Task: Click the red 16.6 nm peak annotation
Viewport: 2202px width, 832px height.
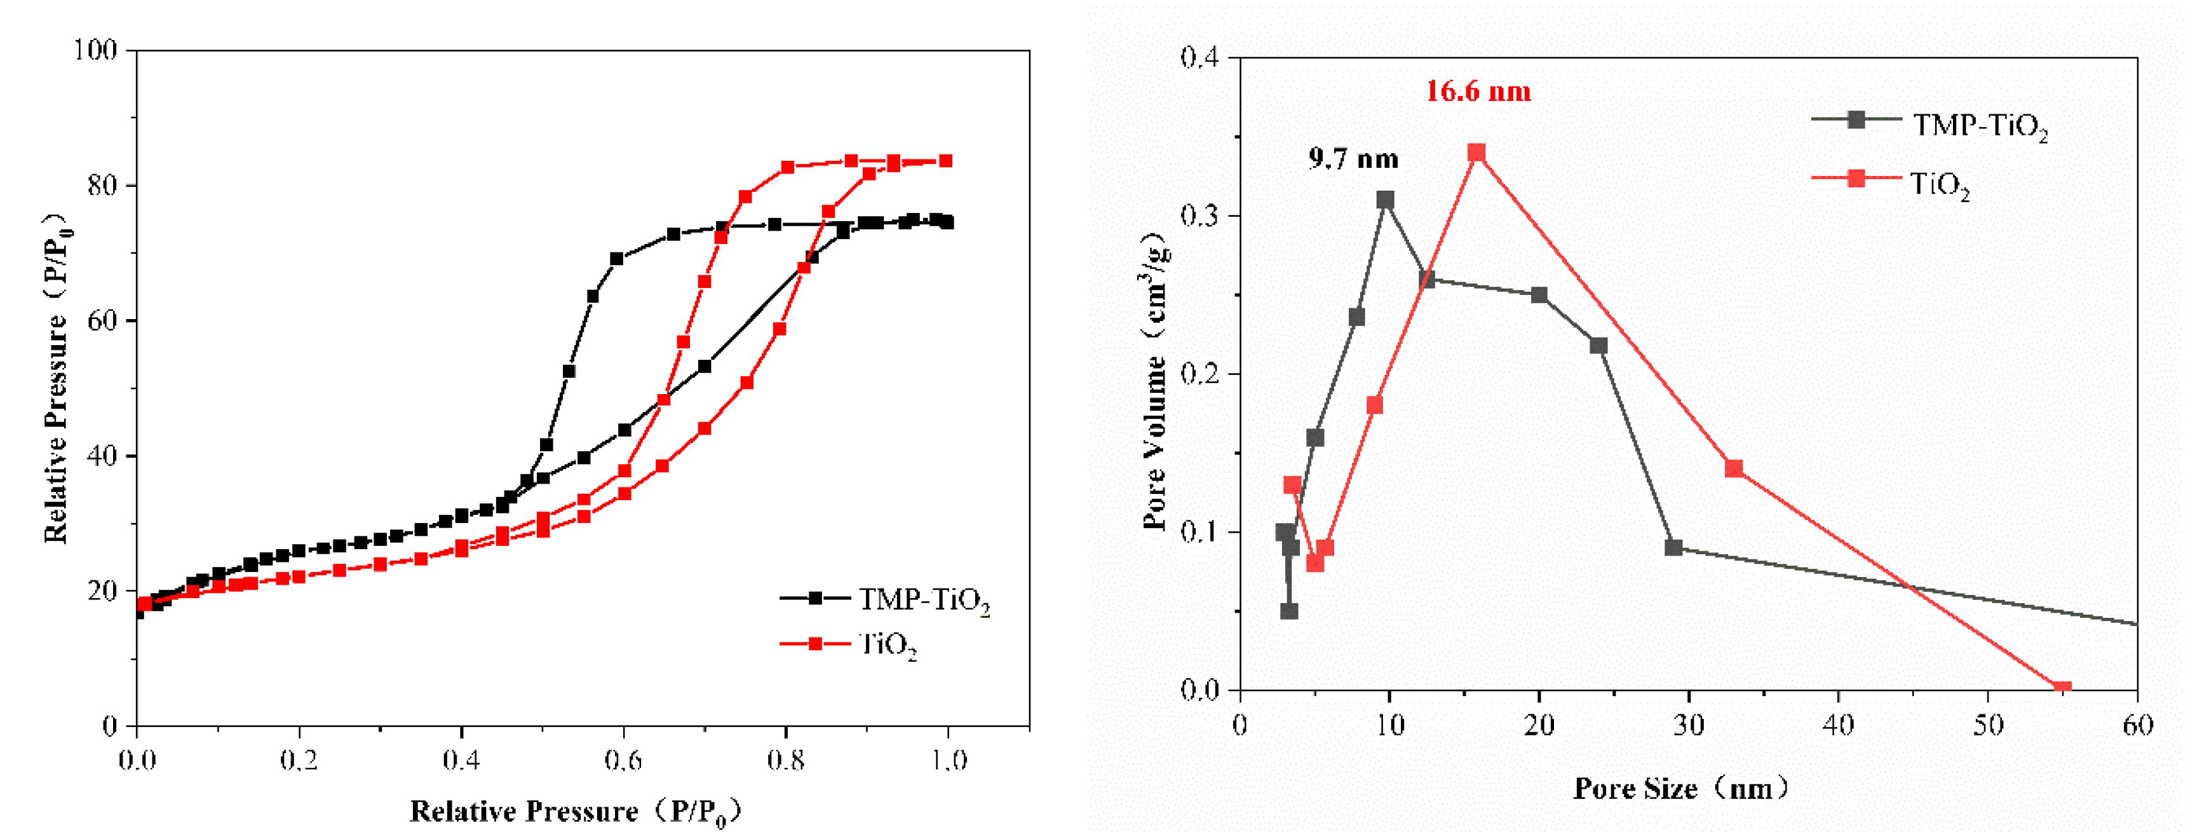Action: [1478, 91]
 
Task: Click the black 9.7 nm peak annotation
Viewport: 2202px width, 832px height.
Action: [1353, 159]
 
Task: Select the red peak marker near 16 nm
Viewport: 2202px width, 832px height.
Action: [1476, 153]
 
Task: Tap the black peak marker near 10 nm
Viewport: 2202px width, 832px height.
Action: [1386, 200]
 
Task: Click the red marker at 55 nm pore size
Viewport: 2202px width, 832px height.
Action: [2062, 688]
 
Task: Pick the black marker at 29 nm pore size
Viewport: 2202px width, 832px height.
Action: [1673, 547]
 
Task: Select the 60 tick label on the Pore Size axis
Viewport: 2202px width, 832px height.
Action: [2138, 726]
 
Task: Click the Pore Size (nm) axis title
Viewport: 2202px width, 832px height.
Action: [1679, 788]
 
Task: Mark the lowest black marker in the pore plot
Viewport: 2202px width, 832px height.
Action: [1289, 611]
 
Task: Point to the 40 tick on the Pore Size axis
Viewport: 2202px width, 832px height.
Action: [1839, 726]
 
